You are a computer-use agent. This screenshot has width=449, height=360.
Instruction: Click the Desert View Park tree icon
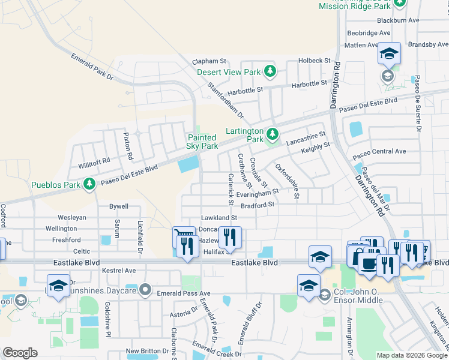point(270,72)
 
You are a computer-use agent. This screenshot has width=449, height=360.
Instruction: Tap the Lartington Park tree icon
point(273,133)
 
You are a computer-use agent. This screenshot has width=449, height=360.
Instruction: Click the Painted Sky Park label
point(202,142)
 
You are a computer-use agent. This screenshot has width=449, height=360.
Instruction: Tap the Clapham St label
point(209,61)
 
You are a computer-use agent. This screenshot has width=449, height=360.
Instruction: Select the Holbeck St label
point(315,61)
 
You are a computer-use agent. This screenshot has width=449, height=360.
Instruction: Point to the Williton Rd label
point(94,161)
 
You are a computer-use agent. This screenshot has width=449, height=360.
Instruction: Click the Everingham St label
point(257,193)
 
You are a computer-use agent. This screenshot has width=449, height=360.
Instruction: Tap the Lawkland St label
point(219,218)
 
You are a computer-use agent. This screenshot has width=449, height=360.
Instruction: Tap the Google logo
point(20,352)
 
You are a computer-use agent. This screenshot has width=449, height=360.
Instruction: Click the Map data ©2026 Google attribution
point(411,355)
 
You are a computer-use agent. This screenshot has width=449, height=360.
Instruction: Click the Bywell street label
point(118,206)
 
